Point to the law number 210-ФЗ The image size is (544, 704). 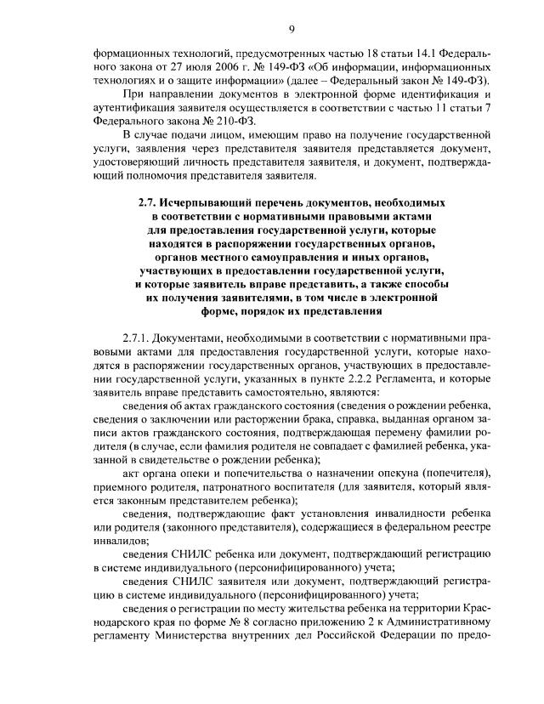[214, 119]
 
